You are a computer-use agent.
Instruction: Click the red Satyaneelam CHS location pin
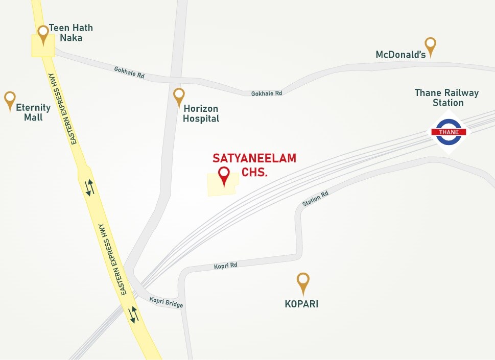[x=224, y=176]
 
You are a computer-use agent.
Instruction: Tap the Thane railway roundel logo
[x=449, y=132]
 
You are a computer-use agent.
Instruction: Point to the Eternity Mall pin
[x=10, y=101]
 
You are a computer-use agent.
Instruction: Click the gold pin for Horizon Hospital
[x=179, y=97]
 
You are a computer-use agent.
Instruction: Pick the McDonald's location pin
[x=431, y=46]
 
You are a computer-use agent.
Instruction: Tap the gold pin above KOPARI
[x=303, y=282]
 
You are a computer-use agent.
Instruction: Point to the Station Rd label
[x=315, y=199]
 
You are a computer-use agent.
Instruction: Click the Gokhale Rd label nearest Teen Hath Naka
[x=129, y=72]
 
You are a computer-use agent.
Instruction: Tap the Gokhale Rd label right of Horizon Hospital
[x=266, y=93]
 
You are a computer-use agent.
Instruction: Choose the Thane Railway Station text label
[x=446, y=98]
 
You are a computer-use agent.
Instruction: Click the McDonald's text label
[x=400, y=55]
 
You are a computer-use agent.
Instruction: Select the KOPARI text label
[x=301, y=304]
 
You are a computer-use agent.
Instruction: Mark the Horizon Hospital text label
[x=201, y=113]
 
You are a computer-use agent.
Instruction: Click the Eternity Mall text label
[x=33, y=112]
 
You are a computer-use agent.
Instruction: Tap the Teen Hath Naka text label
[x=70, y=33]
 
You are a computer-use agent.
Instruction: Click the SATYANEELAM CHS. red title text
[x=254, y=165]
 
